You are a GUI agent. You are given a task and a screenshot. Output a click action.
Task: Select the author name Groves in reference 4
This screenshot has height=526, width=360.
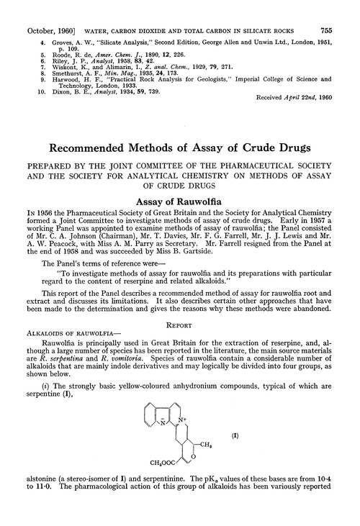point(51,23)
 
